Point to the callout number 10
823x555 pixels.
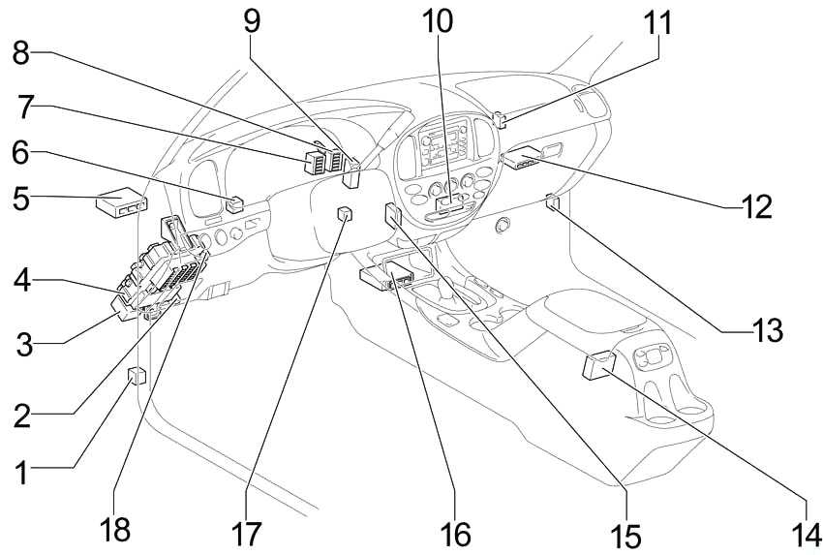point(438,21)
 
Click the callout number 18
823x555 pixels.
point(114,531)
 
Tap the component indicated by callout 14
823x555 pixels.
point(598,365)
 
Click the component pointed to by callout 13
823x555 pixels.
point(552,202)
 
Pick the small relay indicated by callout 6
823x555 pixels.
point(234,203)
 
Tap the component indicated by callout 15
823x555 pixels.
point(392,215)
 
